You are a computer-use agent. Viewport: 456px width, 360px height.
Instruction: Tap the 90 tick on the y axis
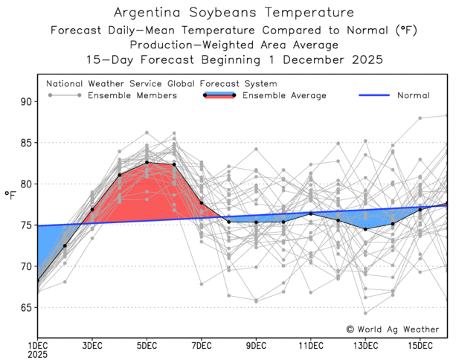coord(25,101)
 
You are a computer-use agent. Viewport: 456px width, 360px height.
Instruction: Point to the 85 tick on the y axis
coord(25,142)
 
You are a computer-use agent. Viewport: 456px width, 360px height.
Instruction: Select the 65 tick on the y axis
coord(25,307)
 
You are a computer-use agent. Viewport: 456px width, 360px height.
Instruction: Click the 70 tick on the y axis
coord(25,266)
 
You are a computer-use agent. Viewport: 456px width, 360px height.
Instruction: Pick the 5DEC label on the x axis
coord(147,346)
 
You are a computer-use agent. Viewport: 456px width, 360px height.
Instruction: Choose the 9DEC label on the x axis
coord(256,346)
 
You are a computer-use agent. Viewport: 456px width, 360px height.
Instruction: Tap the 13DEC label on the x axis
coord(365,346)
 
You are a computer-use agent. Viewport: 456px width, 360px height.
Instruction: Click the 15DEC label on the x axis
coord(420,346)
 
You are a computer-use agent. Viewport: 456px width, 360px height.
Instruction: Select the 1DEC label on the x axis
coord(37,346)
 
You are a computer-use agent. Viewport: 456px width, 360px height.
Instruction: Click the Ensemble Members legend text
coord(132,95)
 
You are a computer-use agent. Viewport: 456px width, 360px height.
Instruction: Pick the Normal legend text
coord(413,95)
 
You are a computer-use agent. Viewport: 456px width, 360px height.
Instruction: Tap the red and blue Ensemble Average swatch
coord(219,95)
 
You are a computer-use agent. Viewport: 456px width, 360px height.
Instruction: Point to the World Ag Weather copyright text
coord(395,328)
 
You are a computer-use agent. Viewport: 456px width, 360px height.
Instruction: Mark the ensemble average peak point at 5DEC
coord(147,162)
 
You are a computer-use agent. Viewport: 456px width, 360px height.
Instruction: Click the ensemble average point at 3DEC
coord(92,209)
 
